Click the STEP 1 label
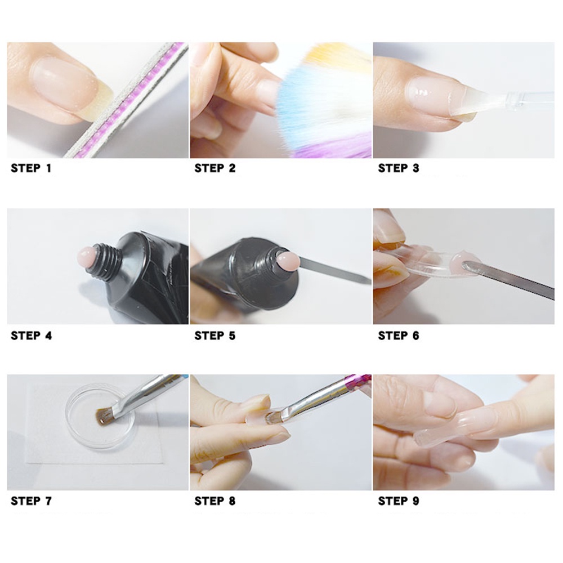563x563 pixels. pyautogui.click(x=31, y=168)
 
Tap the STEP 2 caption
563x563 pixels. pyautogui.click(x=215, y=168)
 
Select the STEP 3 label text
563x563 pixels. pyautogui.click(x=398, y=168)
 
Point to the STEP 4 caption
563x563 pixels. pyautogui.click(x=32, y=336)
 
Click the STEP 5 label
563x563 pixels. pyautogui.click(x=215, y=336)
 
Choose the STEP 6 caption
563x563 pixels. pyautogui.click(x=398, y=336)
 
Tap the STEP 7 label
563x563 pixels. pyautogui.click(x=32, y=501)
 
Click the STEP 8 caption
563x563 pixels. pyautogui.click(x=215, y=501)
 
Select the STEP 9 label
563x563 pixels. pyautogui.click(x=398, y=501)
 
